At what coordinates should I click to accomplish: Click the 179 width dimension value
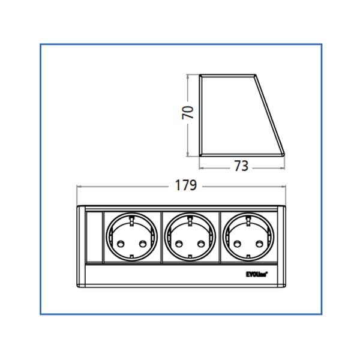(x=185, y=186)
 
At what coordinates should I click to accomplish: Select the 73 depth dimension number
(x=241, y=166)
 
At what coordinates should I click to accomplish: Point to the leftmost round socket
(x=132, y=237)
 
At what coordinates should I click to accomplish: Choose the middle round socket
(x=190, y=237)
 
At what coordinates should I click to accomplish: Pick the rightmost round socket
(x=248, y=237)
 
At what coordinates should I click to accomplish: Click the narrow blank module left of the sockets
(x=94, y=237)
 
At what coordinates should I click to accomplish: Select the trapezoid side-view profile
(x=237, y=114)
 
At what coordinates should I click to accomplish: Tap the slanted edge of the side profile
(x=271, y=114)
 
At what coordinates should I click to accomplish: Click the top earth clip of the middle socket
(x=190, y=218)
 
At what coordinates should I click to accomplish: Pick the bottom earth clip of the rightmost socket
(x=248, y=257)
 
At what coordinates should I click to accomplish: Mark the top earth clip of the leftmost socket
(x=132, y=218)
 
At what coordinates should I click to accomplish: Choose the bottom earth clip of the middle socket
(x=190, y=257)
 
